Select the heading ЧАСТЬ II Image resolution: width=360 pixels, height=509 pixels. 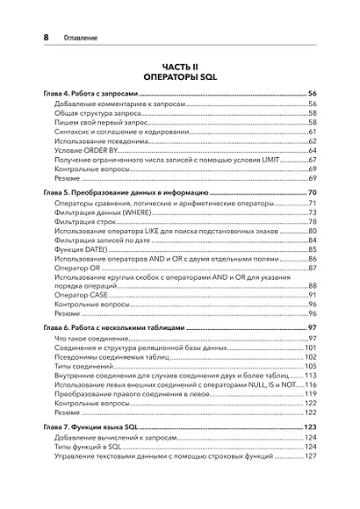[x=180, y=66]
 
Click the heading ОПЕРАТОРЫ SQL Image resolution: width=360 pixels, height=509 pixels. [x=180, y=77]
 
